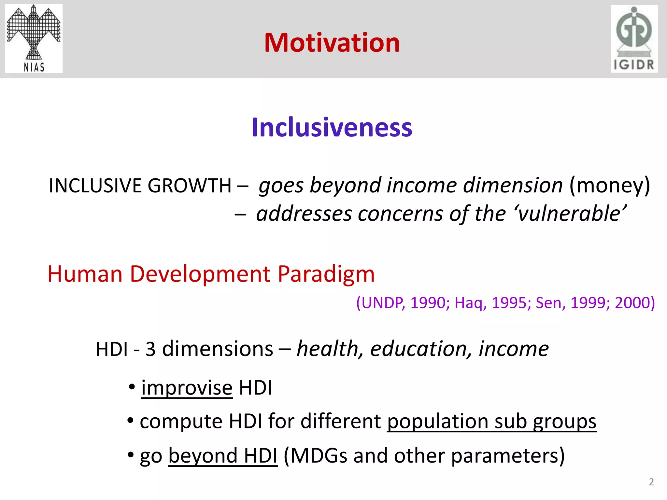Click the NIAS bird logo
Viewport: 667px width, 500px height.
(34, 38)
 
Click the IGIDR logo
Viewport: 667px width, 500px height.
(634, 39)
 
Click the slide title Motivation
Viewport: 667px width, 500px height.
(332, 43)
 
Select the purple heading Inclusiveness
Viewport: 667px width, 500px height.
(332, 127)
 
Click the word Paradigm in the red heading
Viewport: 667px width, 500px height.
(326, 274)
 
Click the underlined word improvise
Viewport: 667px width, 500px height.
(187, 388)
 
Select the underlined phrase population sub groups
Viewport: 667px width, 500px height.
(491, 422)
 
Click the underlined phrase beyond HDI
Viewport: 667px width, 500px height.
(223, 455)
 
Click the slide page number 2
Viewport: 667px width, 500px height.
(651, 482)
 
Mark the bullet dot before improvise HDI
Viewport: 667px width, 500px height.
(132, 387)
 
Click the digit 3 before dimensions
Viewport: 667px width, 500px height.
(150, 350)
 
